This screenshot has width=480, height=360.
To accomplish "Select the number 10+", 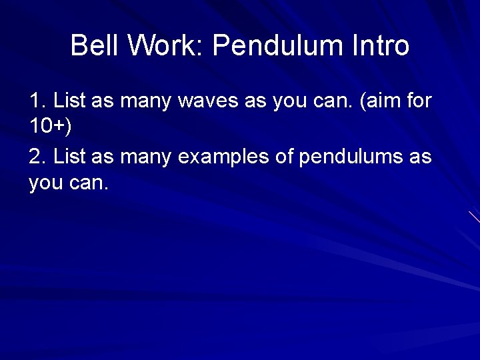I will (x=47, y=125).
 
